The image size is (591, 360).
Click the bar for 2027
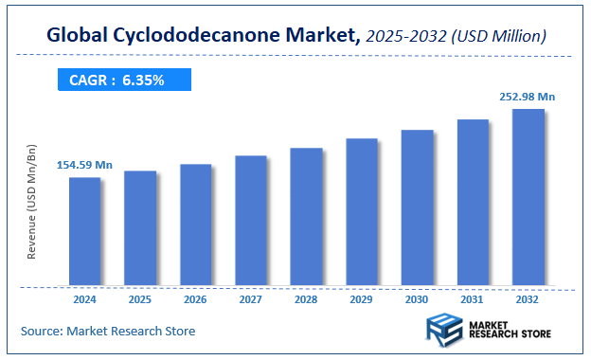(251, 220)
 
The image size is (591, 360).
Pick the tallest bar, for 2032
(528, 196)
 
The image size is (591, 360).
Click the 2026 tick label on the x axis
(195, 299)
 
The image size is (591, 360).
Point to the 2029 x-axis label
(362, 299)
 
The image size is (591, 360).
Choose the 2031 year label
(473, 299)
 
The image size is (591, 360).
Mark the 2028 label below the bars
(306, 299)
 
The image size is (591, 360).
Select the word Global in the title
(78, 36)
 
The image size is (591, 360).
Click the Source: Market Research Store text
(108, 331)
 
